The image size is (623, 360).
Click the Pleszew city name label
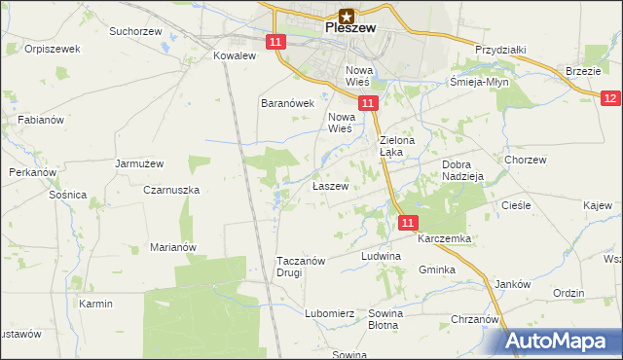click(x=349, y=29)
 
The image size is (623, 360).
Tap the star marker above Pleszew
click(x=346, y=15)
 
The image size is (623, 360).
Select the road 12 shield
click(x=610, y=98)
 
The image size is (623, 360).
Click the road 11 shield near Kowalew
click(x=275, y=41)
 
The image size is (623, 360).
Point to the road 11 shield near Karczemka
click(x=407, y=223)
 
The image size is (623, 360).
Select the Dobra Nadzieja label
click(x=462, y=171)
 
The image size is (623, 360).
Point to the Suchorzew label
click(x=134, y=31)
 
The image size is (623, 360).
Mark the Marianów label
click(x=173, y=247)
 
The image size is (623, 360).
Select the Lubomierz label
click(x=329, y=314)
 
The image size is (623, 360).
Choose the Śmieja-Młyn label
click(x=480, y=83)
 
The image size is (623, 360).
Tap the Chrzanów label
click(x=475, y=319)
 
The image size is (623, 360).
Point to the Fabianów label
click(x=40, y=120)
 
